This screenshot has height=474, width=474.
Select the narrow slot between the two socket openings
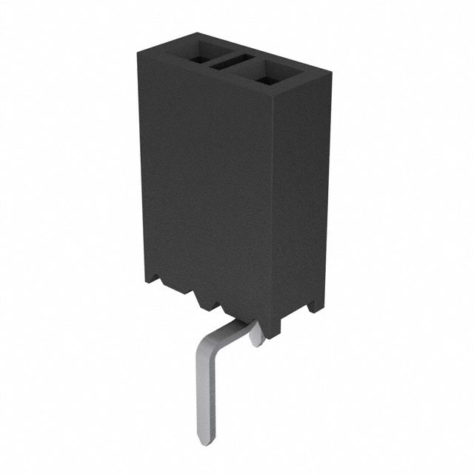(x=232, y=62)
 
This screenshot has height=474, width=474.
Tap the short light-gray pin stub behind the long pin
(x=256, y=337)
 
